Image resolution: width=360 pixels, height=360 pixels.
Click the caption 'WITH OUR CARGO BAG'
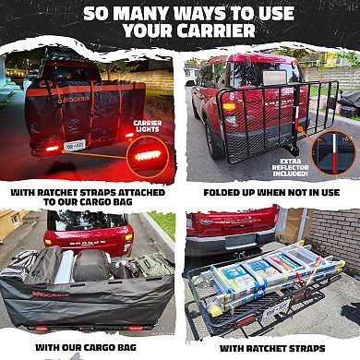pyautogui.click(x=90, y=346)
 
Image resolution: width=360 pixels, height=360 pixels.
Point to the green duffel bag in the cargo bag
pyautogui.click(x=139, y=268)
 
